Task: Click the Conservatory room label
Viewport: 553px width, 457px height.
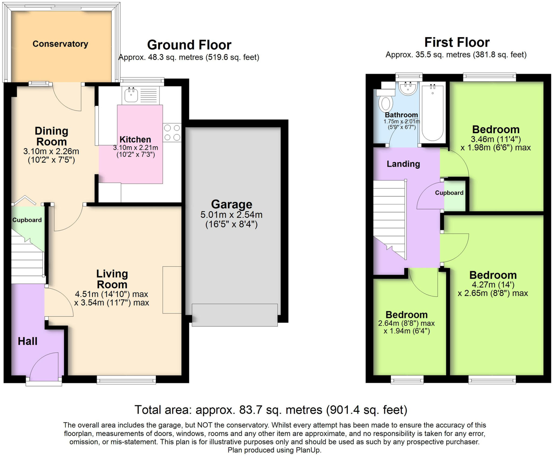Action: [x=60, y=44]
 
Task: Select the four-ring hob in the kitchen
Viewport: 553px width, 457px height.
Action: [x=172, y=132]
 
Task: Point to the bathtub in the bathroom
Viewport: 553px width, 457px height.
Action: [x=433, y=113]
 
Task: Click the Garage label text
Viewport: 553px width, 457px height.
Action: [x=232, y=204]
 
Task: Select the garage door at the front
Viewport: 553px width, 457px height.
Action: [x=235, y=315]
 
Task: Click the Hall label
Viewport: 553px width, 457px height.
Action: [x=28, y=341]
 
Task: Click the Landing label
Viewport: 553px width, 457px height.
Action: [x=403, y=164]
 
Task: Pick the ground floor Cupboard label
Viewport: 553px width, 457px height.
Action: [x=27, y=220]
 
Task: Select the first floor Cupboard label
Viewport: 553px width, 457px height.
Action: [x=449, y=193]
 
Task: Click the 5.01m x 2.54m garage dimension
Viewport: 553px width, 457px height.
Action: [x=231, y=215]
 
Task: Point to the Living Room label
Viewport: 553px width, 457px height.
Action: [x=112, y=279]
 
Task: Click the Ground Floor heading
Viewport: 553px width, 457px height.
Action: [x=189, y=45]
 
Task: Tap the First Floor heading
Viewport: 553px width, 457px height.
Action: [x=457, y=42]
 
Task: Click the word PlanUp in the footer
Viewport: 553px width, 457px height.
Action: [x=308, y=450]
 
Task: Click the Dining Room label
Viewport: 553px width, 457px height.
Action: [x=51, y=136]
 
